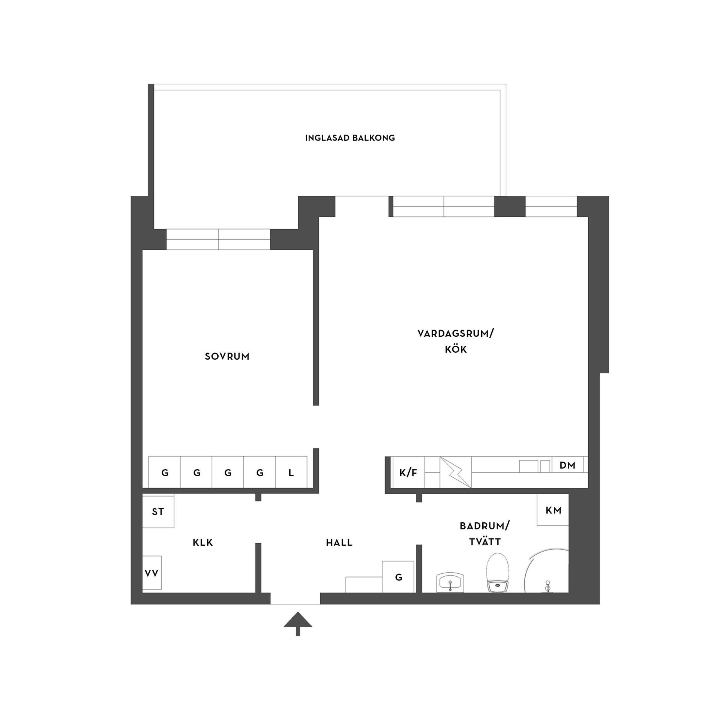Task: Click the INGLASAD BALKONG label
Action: [x=350, y=138]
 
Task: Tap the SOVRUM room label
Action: [x=227, y=356]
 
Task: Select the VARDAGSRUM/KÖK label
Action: [x=456, y=341]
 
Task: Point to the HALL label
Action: [x=339, y=543]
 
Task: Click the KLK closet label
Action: [x=202, y=543]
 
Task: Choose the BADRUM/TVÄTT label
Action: [x=484, y=534]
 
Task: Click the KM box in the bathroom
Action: [x=553, y=510]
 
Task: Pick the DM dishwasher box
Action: [x=567, y=466]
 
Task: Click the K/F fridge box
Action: [x=408, y=473]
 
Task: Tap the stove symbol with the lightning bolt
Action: [x=455, y=472]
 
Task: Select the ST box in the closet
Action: [x=158, y=511]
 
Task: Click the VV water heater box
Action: [x=152, y=573]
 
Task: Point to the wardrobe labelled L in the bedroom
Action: [x=291, y=472]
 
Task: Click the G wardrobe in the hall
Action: [x=398, y=577]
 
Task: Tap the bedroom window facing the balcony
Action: [x=218, y=239]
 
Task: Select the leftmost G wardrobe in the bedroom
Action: [x=165, y=472]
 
